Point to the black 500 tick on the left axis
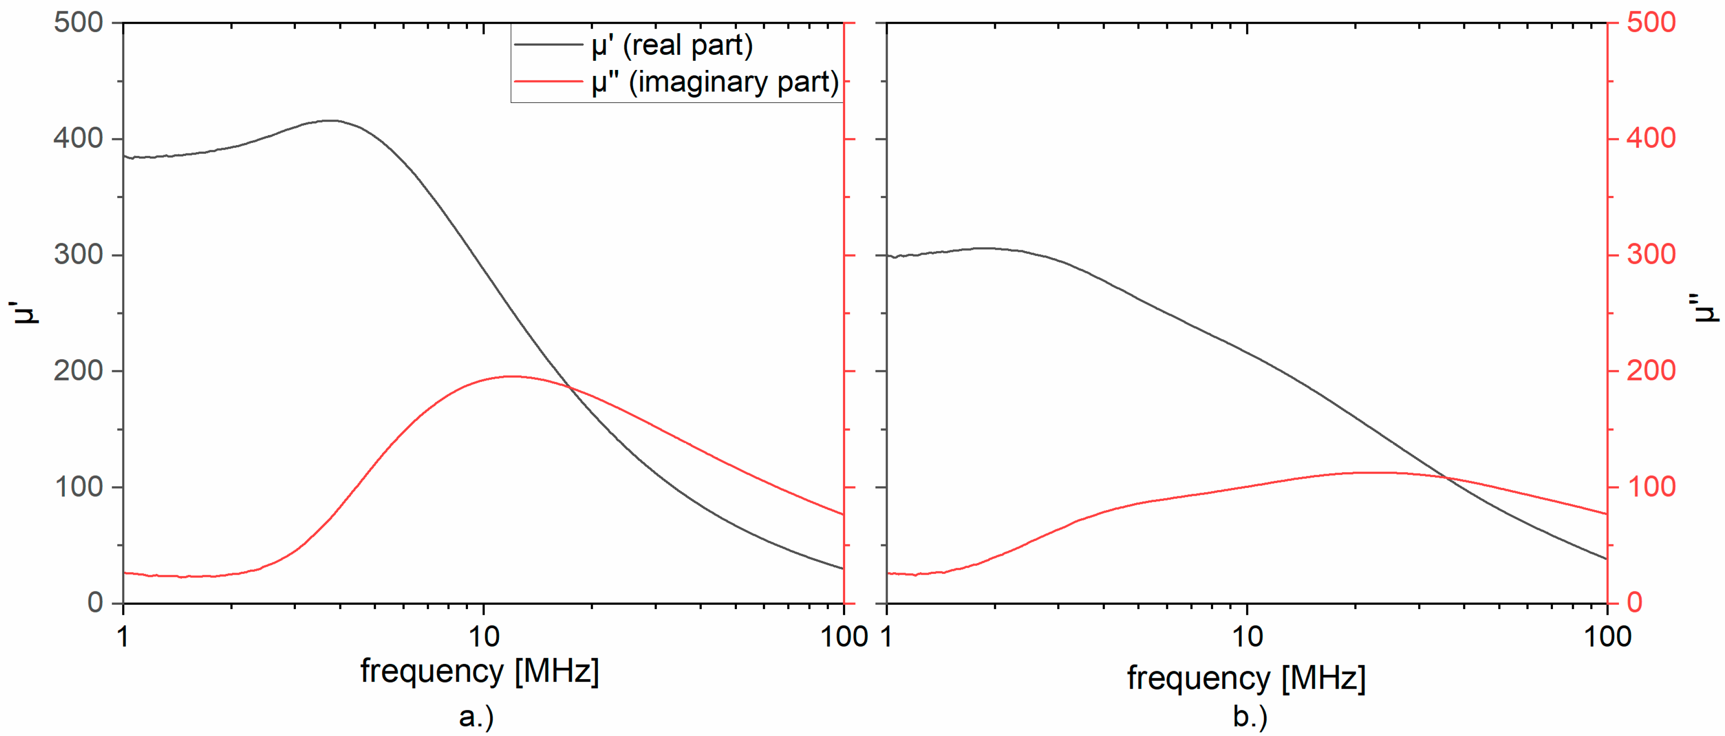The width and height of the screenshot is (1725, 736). click(x=78, y=22)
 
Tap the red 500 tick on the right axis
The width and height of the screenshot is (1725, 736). click(x=1651, y=22)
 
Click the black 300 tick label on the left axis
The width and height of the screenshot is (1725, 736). click(x=78, y=255)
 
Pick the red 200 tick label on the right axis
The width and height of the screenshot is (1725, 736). click(x=1651, y=370)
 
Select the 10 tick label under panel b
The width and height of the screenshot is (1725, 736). click(x=1247, y=636)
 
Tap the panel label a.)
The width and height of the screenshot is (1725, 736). click(x=477, y=716)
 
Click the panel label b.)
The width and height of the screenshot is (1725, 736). click(x=1250, y=716)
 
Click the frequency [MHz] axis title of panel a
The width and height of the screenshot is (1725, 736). click(x=479, y=671)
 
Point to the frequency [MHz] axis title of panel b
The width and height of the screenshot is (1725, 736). click(x=1246, y=678)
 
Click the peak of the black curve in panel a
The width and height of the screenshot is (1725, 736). click(x=330, y=120)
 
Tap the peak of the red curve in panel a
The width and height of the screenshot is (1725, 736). click(x=511, y=376)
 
